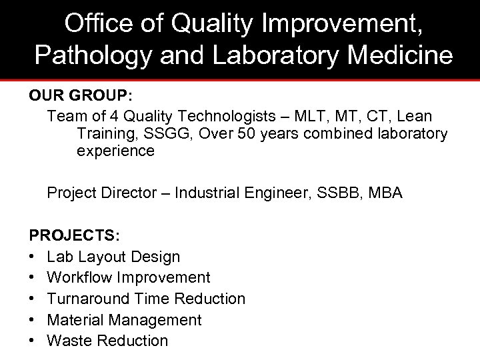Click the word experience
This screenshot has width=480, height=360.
click(x=115, y=151)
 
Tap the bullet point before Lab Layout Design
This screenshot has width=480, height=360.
click(x=33, y=257)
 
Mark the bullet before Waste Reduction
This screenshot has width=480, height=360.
click(x=33, y=341)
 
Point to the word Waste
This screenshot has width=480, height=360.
click(x=69, y=341)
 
